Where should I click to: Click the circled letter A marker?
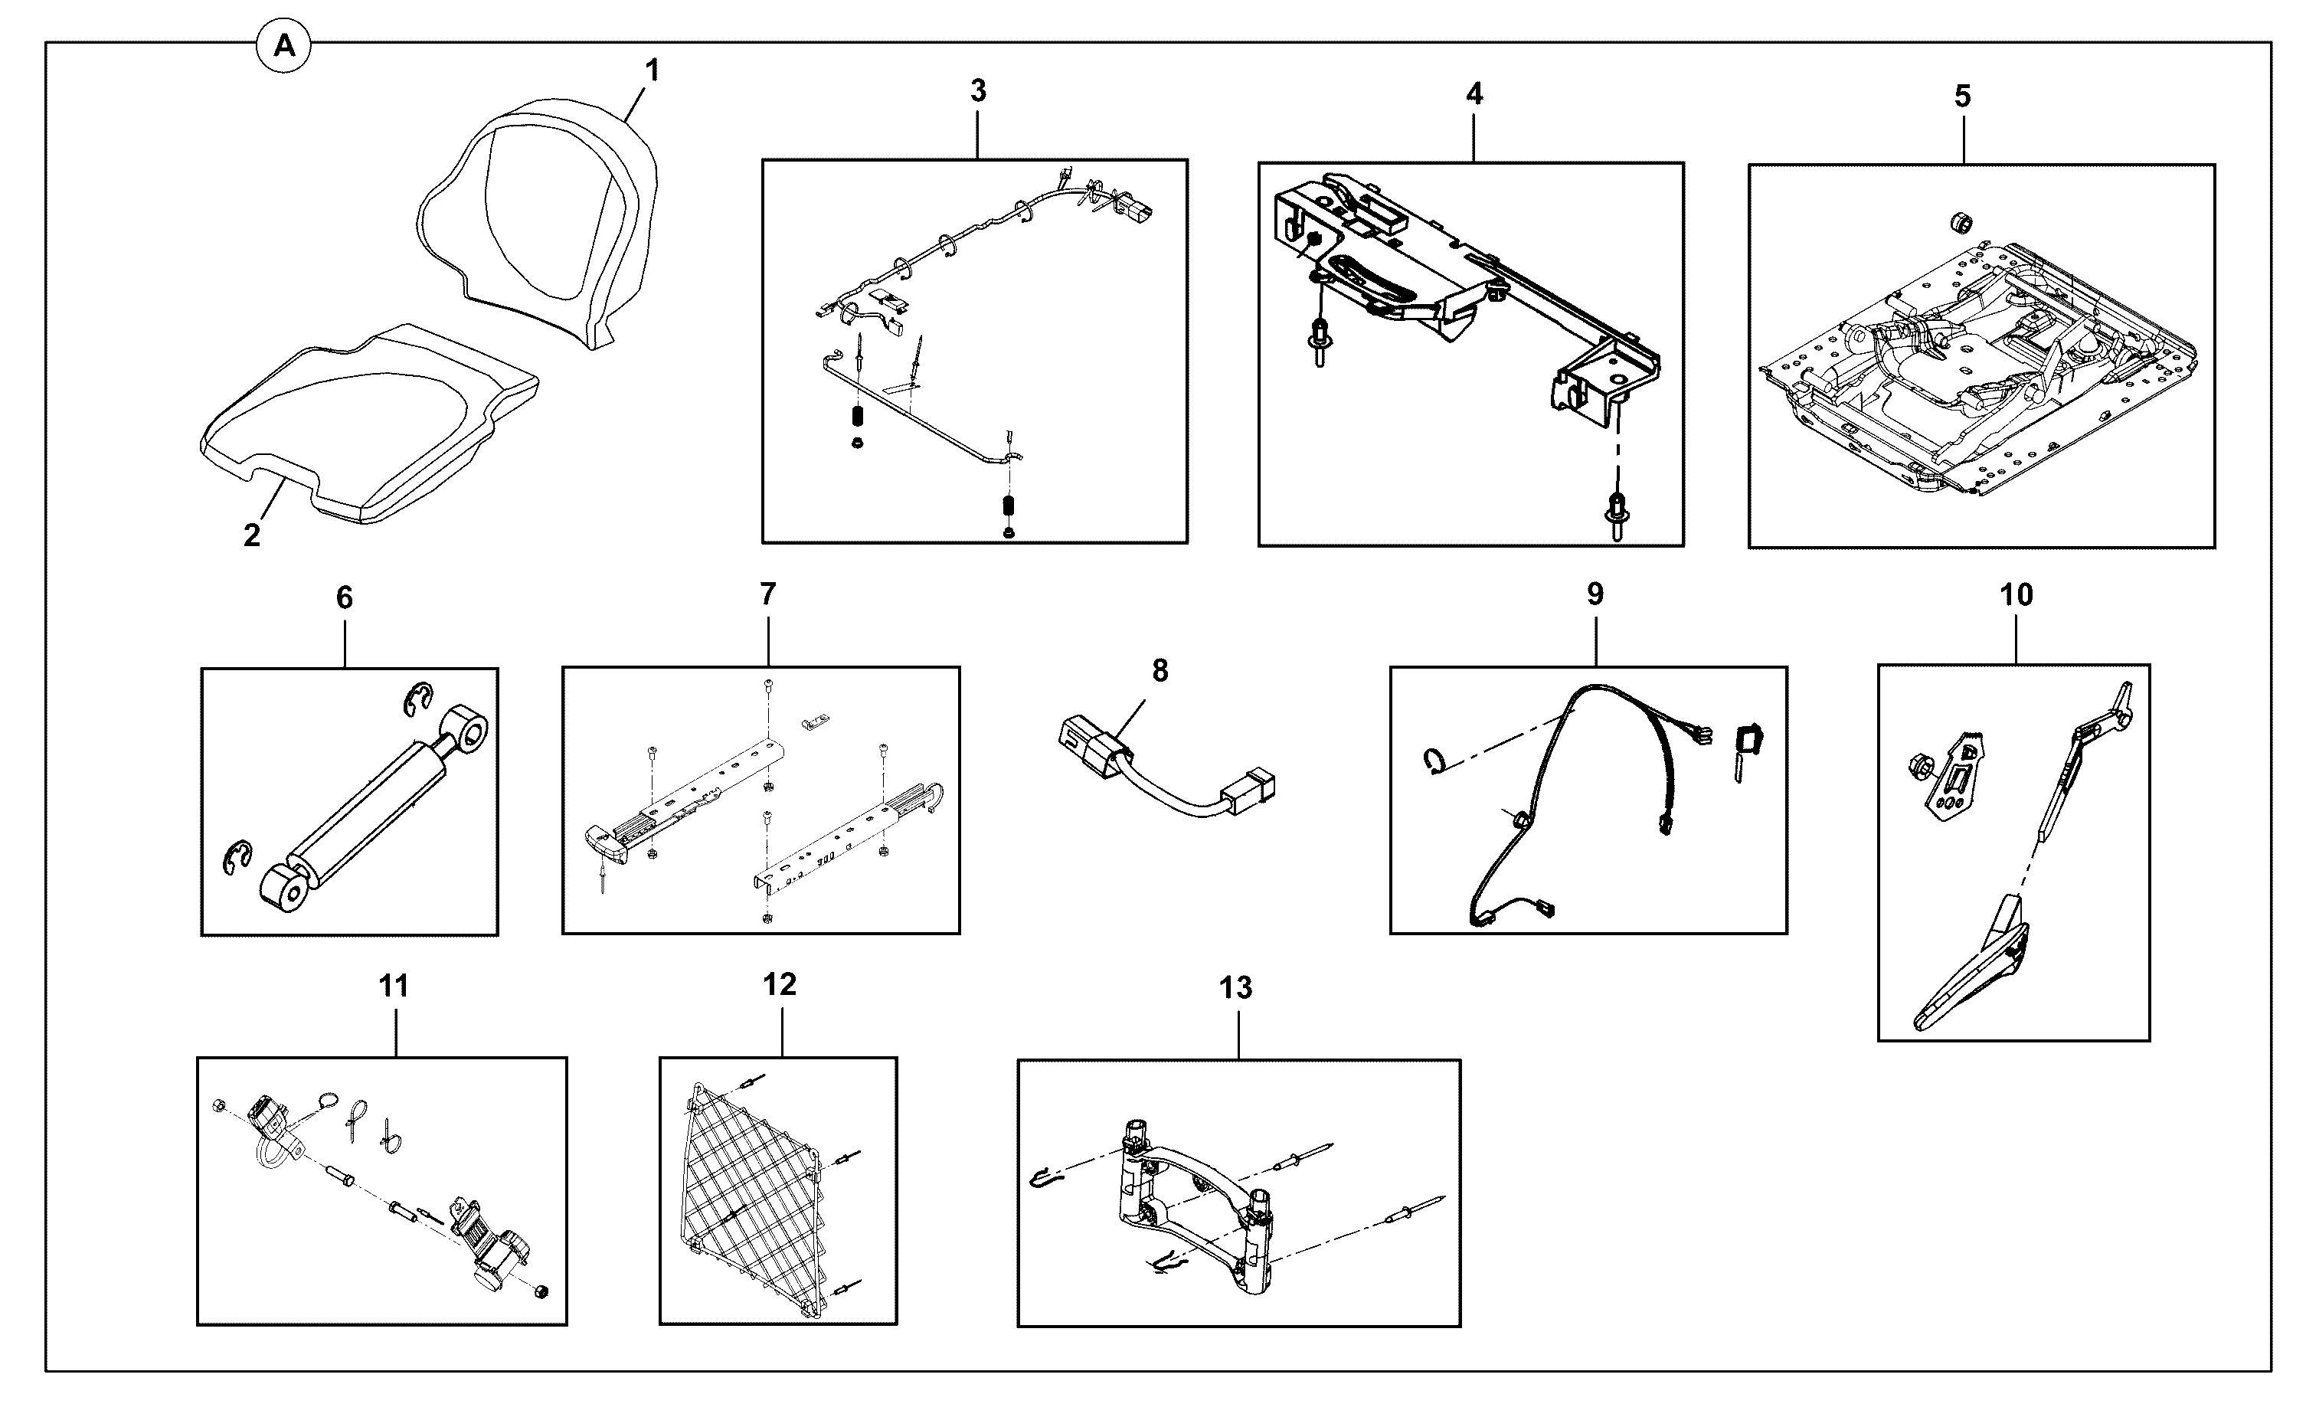pyautogui.click(x=284, y=45)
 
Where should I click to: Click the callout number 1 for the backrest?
pyautogui.click(x=653, y=70)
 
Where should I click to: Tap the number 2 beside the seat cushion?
pyautogui.click(x=251, y=535)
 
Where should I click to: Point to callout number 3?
pyautogui.click(x=977, y=91)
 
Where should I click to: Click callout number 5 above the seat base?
pyautogui.click(x=1962, y=96)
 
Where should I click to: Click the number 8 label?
pyautogui.click(x=1160, y=670)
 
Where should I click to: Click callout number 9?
pyautogui.click(x=1595, y=594)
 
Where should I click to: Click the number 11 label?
pyautogui.click(x=394, y=986)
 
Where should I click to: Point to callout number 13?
pyautogui.click(x=1235, y=988)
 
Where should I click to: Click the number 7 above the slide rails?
pyautogui.click(x=767, y=594)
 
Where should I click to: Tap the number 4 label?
pyautogui.click(x=1474, y=93)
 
